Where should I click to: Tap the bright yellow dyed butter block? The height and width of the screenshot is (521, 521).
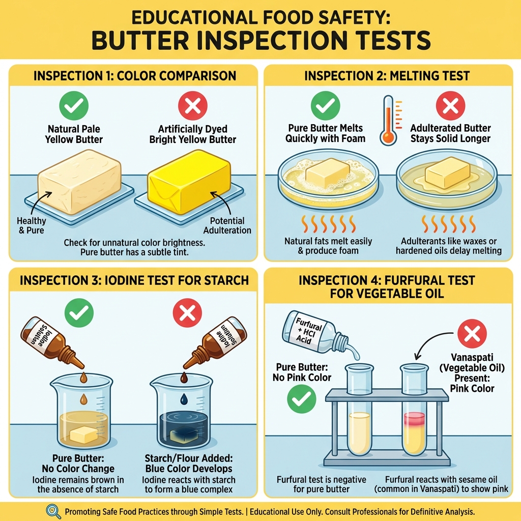click(x=188, y=181)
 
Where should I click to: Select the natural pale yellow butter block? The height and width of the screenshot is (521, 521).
click(x=80, y=181)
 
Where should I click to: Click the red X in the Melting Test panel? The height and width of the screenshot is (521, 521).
click(x=451, y=106)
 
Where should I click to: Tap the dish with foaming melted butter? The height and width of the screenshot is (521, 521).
click(x=328, y=178)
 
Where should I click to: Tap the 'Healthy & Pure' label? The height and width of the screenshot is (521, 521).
click(x=32, y=225)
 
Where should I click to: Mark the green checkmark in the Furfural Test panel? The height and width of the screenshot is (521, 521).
click(x=301, y=398)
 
